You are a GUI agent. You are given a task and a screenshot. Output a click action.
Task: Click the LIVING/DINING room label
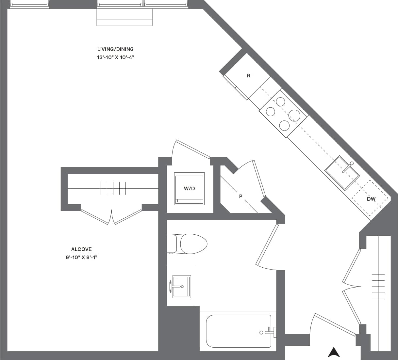(115, 49)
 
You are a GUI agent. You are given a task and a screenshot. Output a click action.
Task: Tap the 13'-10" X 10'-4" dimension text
(115, 57)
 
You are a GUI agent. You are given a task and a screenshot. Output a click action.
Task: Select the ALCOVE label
(81, 249)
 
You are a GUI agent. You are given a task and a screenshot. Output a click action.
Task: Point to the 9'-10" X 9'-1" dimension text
(81, 257)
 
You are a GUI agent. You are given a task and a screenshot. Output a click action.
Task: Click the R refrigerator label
(248, 76)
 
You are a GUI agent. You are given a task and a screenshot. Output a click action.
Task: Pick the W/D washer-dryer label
(189, 189)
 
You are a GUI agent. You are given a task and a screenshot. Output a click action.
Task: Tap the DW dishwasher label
(371, 199)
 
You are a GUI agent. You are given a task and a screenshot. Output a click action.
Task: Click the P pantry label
(241, 196)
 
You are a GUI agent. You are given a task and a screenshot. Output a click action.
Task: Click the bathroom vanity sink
(181, 287)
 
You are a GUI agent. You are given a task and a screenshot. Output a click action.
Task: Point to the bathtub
(239, 331)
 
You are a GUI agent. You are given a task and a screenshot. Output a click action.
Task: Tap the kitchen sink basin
(341, 173)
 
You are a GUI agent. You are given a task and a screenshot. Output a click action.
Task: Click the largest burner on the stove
(294, 116)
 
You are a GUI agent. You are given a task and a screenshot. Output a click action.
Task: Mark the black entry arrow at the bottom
(334, 352)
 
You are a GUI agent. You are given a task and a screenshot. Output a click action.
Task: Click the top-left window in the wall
(29, 4)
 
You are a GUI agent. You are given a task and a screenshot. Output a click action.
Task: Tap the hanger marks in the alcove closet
(113, 188)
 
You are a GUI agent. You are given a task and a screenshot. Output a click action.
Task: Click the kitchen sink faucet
(349, 166)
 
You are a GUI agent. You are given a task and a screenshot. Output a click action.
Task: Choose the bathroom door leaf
(267, 244)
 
